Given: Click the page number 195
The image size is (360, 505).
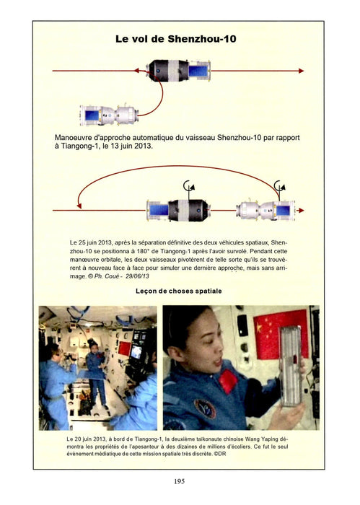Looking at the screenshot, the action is click(x=180, y=481).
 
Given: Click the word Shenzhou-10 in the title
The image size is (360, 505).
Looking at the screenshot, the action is click(x=202, y=39).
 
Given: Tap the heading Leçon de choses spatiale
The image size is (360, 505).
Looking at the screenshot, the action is click(x=179, y=291).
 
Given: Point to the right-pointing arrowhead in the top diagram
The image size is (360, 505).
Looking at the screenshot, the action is click(x=301, y=71).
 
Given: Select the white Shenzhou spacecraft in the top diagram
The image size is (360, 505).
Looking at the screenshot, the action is click(x=109, y=115).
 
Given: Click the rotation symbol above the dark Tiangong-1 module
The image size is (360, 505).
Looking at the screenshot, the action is click(x=189, y=186).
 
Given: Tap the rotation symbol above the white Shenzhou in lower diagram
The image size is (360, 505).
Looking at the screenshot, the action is click(x=279, y=186).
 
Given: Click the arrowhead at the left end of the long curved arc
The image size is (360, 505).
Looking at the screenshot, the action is click(x=79, y=205).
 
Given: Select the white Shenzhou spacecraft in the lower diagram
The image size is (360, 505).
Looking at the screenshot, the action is click(x=265, y=211).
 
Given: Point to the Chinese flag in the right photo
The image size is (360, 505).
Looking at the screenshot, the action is click(x=281, y=333).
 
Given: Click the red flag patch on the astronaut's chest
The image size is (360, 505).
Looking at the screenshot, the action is click(x=229, y=381).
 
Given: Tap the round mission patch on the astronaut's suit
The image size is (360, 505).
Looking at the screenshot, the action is click(x=205, y=408).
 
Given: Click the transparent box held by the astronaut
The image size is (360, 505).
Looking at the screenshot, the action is click(x=291, y=366).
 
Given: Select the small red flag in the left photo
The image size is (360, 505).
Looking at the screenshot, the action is click(x=124, y=348).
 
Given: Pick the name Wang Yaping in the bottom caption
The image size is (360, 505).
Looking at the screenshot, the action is click(x=262, y=439).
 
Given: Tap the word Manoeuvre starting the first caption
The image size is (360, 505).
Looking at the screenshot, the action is click(x=73, y=138).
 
